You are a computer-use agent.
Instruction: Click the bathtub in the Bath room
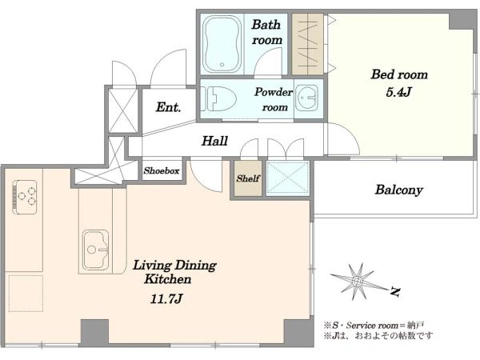click(x=222, y=43)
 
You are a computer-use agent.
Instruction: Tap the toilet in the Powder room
click(x=219, y=98)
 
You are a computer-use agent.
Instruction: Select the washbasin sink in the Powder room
click(x=307, y=98)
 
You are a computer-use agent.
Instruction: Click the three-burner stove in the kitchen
click(x=25, y=197)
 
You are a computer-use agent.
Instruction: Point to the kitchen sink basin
click(x=95, y=250)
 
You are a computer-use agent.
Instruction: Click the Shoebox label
click(x=162, y=170)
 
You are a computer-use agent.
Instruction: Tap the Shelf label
click(x=248, y=178)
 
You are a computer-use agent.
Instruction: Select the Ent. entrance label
click(x=168, y=107)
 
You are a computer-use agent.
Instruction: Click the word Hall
click(x=214, y=141)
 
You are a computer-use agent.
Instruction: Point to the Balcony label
click(x=399, y=190)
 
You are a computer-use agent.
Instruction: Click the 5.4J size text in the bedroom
click(x=398, y=92)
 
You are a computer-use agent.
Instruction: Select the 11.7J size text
click(x=166, y=298)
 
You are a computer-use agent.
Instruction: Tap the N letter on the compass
click(x=395, y=292)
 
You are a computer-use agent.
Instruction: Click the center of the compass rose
click(x=357, y=281)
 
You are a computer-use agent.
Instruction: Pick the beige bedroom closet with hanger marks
click(x=307, y=44)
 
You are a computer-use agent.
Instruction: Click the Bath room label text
click(x=266, y=32)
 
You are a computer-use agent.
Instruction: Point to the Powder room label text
click(x=274, y=99)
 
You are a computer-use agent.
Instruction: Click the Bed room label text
click(x=399, y=74)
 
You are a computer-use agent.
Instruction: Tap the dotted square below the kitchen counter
click(x=26, y=294)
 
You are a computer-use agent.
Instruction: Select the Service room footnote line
click(x=374, y=325)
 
